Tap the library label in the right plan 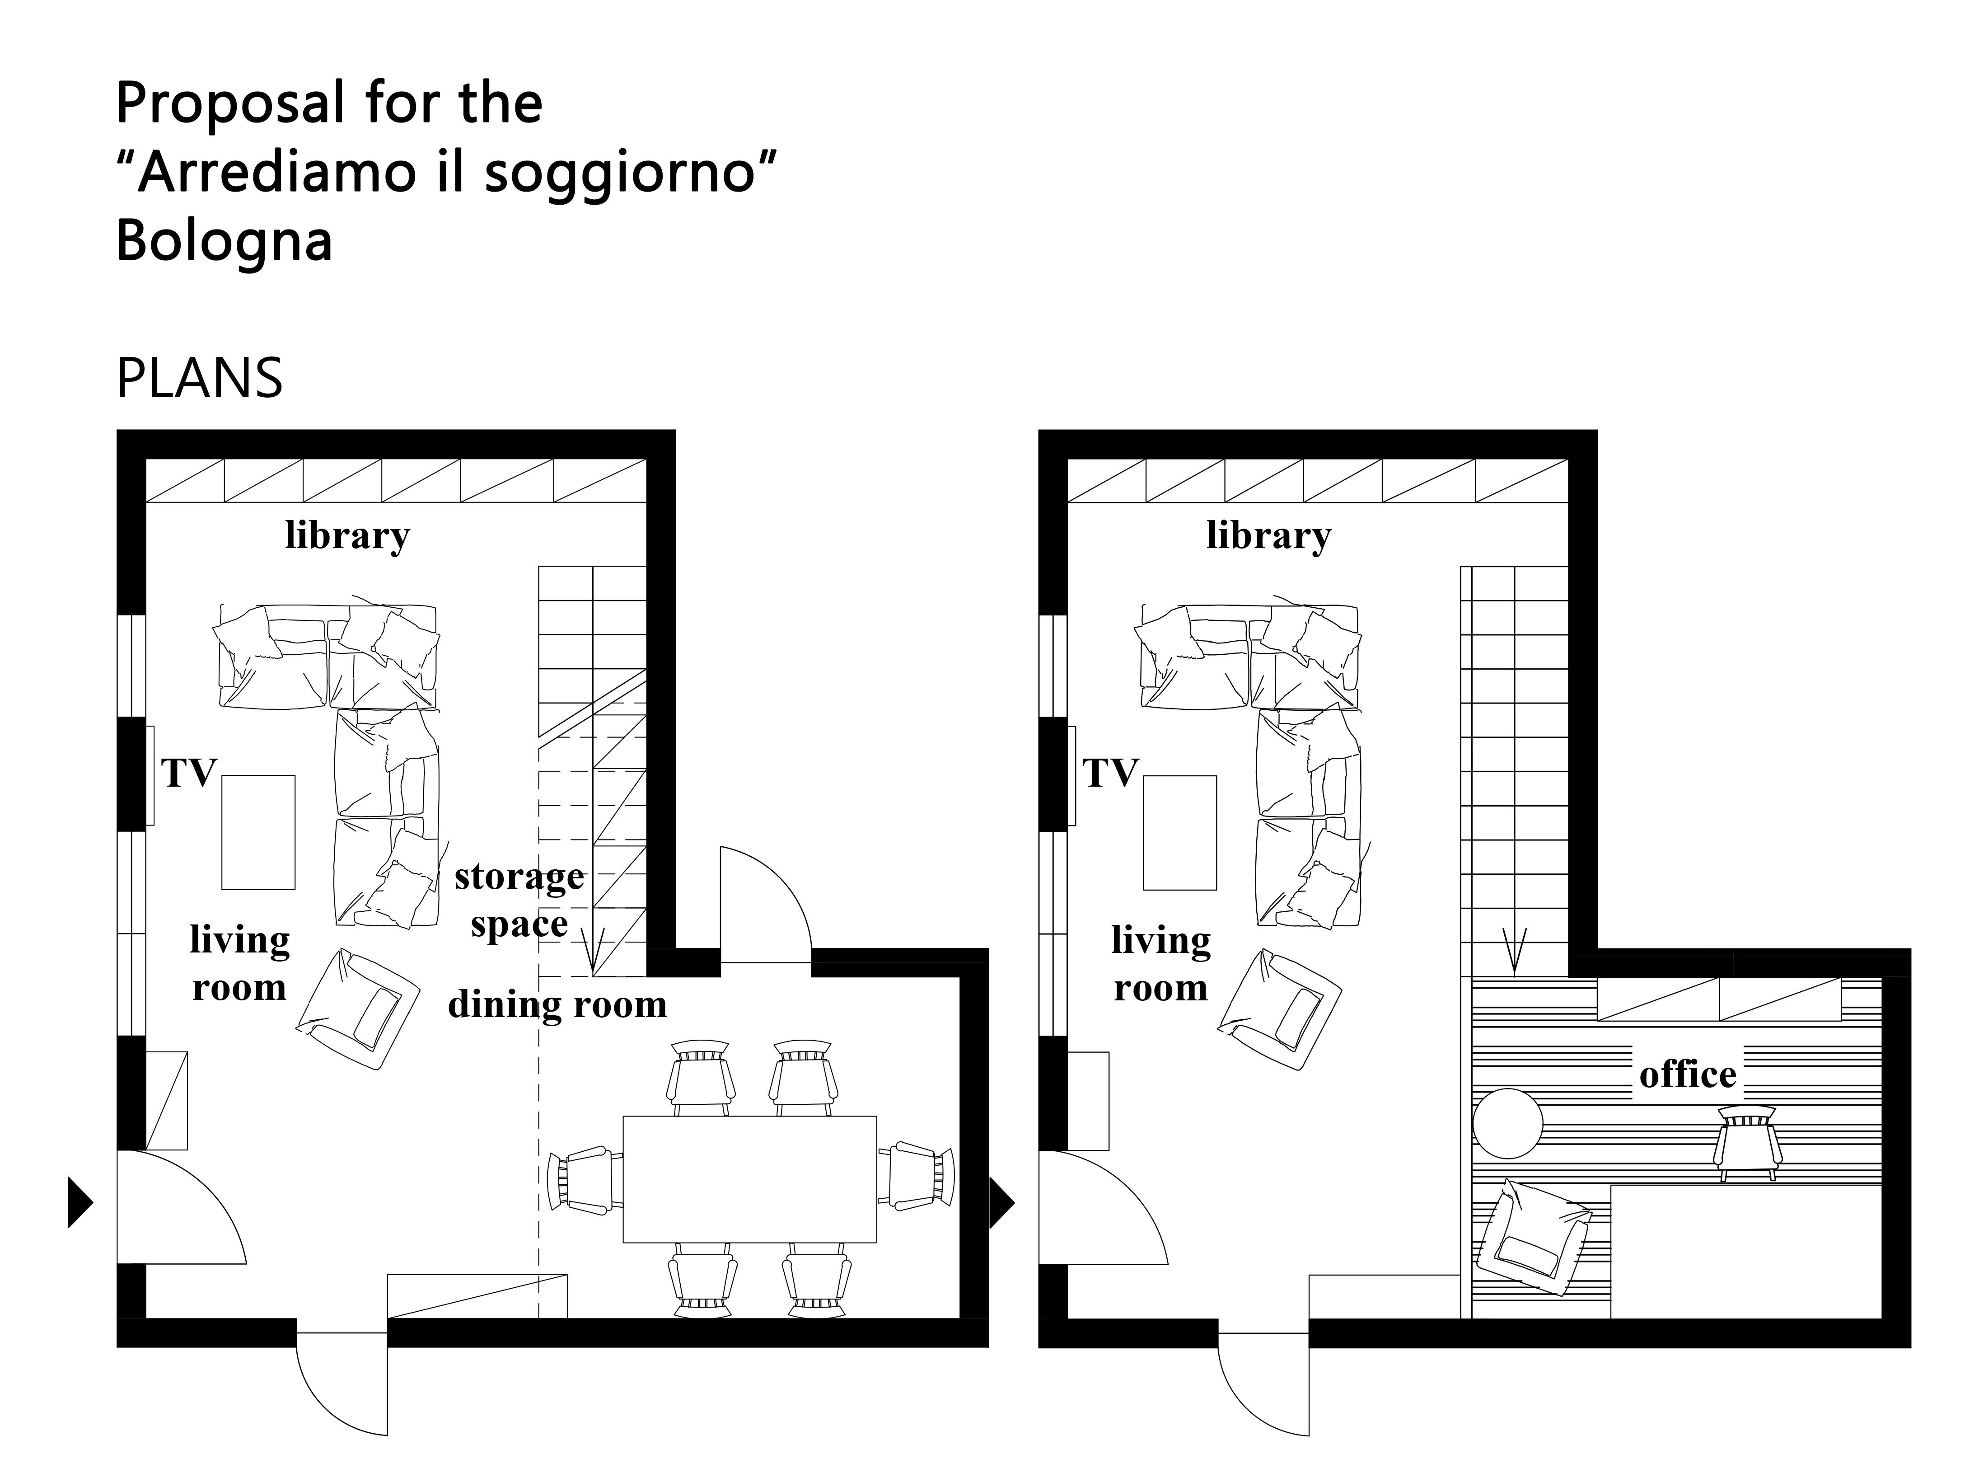(x=1268, y=536)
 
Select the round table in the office (x=1507, y=1123)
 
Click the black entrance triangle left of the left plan (x=80, y=1203)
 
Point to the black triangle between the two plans (x=1002, y=1203)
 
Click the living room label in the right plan (x=1161, y=964)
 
